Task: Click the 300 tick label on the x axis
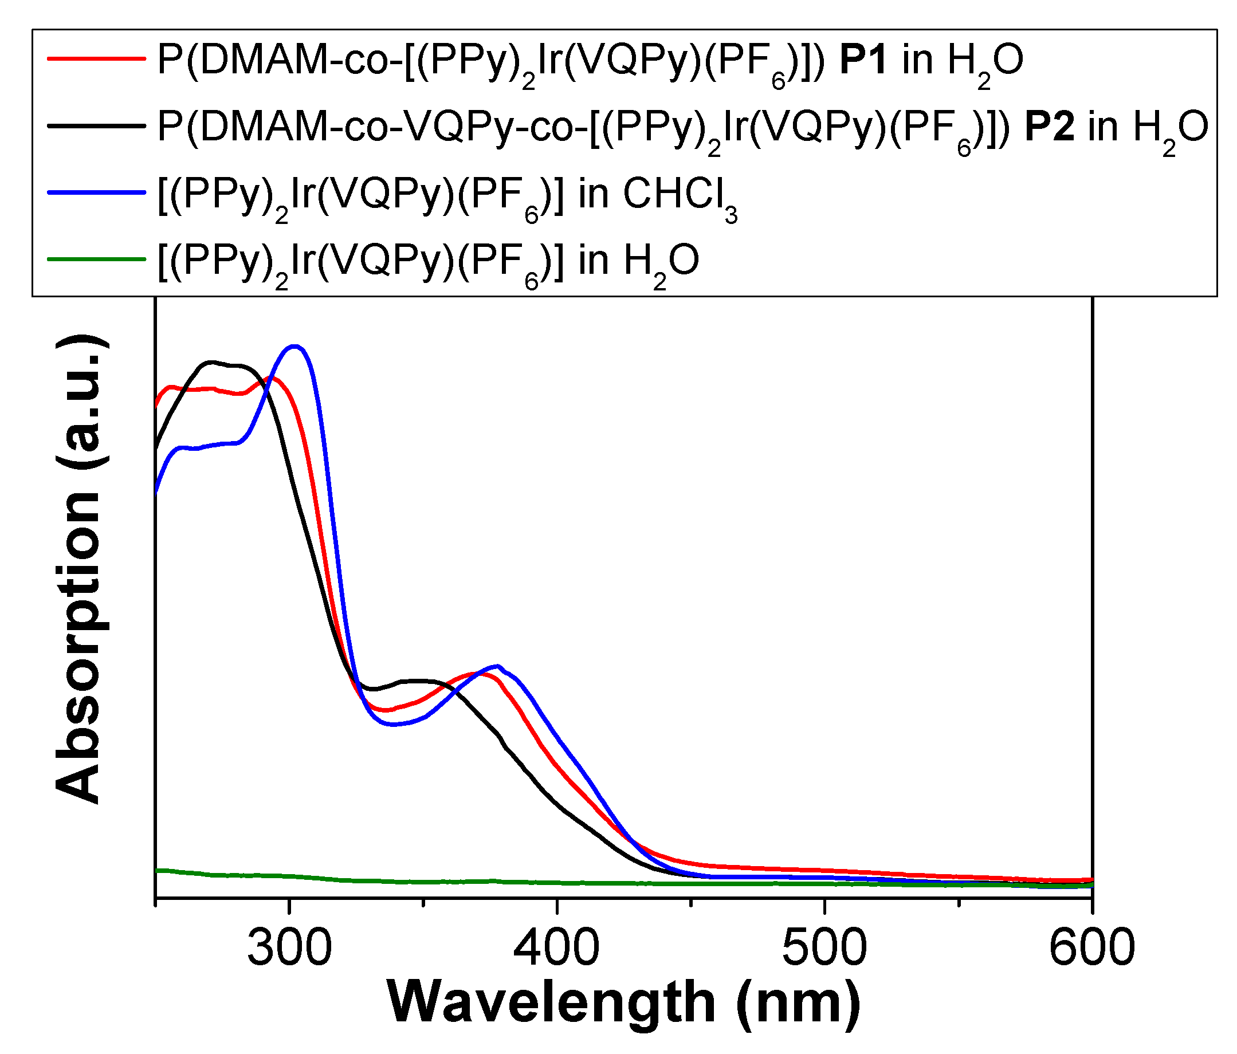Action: pos(289,948)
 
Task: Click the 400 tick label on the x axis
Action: pos(556,948)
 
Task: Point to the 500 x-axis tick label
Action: pos(824,948)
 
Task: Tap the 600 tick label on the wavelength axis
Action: pos(1091,948)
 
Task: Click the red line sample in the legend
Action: pos(97,58)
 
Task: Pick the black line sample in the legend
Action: pos(97,125)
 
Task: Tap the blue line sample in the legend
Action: pos(97,192)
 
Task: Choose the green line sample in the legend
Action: pos(97,259)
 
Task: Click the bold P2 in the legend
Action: pos(1049,127)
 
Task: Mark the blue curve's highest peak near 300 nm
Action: pos(294,346)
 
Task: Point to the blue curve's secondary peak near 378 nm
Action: pos(497,666)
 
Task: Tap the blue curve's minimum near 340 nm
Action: pos(393,725)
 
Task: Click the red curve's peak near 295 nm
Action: pos(273,379)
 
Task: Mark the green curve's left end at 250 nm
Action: pos(157,871)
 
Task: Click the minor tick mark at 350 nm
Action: pos(423,902)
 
